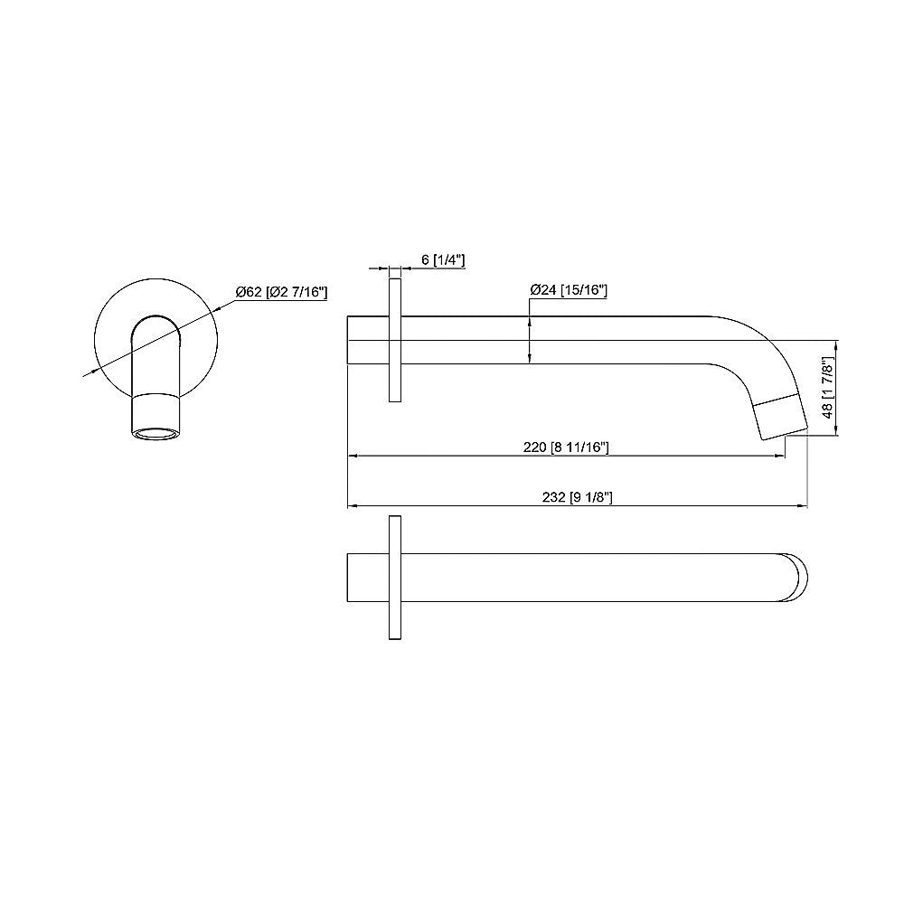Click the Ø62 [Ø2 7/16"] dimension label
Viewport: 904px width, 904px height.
tap(281, 292)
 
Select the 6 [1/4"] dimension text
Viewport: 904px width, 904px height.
tap(443, 260)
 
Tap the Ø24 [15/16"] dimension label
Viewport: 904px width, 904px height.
tap(569, 291)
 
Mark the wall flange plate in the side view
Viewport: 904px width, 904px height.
tap(395, 340)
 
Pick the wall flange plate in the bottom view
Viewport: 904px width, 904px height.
tap(394, 579)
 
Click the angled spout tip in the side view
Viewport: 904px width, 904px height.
tap(780, 417)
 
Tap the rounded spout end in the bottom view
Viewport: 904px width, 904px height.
tap(796, 578)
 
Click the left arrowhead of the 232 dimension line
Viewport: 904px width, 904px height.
tap(353, 506)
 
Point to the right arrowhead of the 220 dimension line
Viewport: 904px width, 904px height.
tap(780, 457)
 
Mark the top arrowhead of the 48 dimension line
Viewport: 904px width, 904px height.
tap(838, 344)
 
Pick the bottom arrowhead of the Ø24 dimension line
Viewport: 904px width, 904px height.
tap(529, 359)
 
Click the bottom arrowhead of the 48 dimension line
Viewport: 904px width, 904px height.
tap(838, 432)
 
